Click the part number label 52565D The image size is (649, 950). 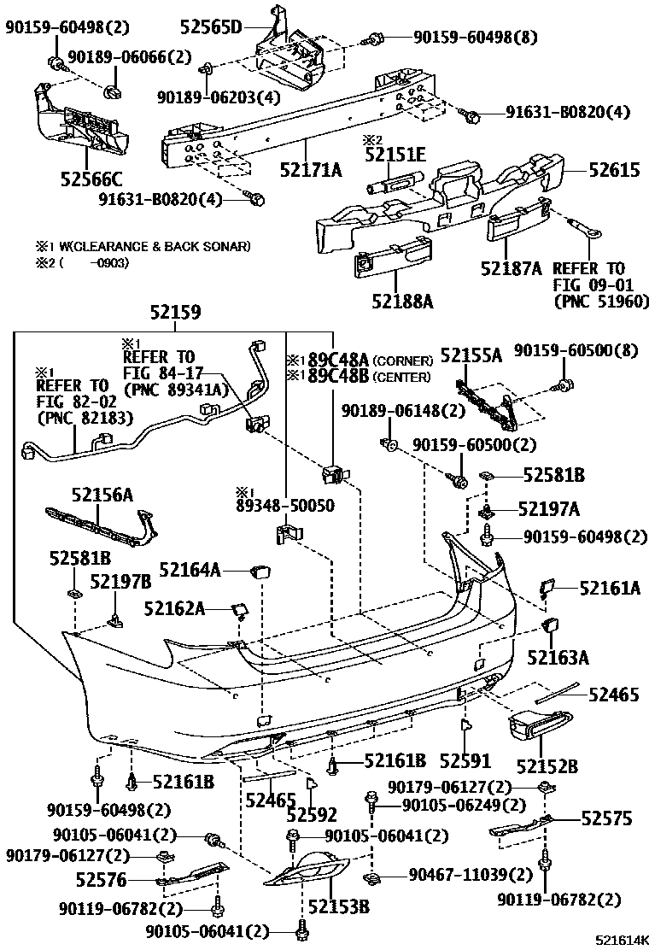tap(211, 26)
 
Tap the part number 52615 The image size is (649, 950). tap(613, 170)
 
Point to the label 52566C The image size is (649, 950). tap(91, 179)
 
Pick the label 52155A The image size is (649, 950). tap(471, 355)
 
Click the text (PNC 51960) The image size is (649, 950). tap(601, 301)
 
